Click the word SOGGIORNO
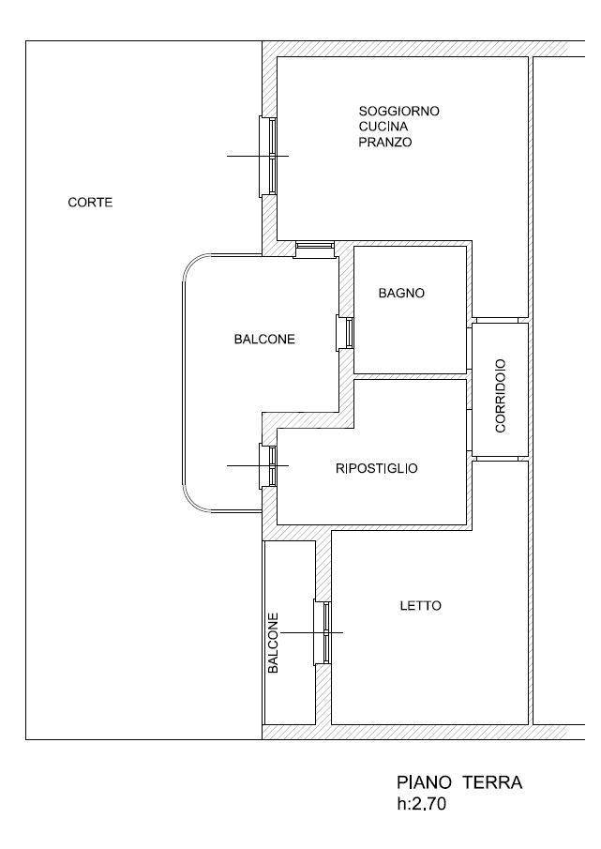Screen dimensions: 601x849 pyautogui.click(x=399, y=111)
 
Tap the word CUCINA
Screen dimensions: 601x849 pyautogui.click(x=383, y=126)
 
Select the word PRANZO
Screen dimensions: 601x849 pyautogui.click(x=385, y=142)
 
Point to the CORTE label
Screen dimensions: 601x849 pyautogui.click(x=90, y=203)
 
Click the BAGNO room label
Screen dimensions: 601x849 pyautogui.click(x=401, y=293)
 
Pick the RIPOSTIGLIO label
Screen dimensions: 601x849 pyautogui.click(x=377, y=468)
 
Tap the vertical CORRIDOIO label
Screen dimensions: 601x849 pyautogui.click(x=501, y=396)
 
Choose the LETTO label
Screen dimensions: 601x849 pyautogui.click(x=420, y=605)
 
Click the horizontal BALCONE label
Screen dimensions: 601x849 pyautogui.click(x=264, y=339)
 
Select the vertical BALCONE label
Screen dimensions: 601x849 pyautogui.click(x=274, y=644)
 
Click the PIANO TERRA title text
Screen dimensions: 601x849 pyautogui.click(x=459, y=782)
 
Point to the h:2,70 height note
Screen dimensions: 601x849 pyautogui.click(x=421, y=804)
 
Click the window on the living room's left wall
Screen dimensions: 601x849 pyautogui.click(x=268, y=156)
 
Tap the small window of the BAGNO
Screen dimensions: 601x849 pyautogui.click(x=345, y=333)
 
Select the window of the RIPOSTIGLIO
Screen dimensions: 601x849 pyautogui.click(x=268, y=465)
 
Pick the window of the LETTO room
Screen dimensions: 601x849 pyautogui.click(x=323, y=632)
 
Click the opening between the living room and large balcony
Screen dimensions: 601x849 pyautogui.click(x=314, y=249)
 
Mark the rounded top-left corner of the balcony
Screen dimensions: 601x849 pyautogui.click(x=195, y=266)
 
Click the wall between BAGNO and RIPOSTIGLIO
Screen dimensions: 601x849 pyautogui.click(x=410, y=376)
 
